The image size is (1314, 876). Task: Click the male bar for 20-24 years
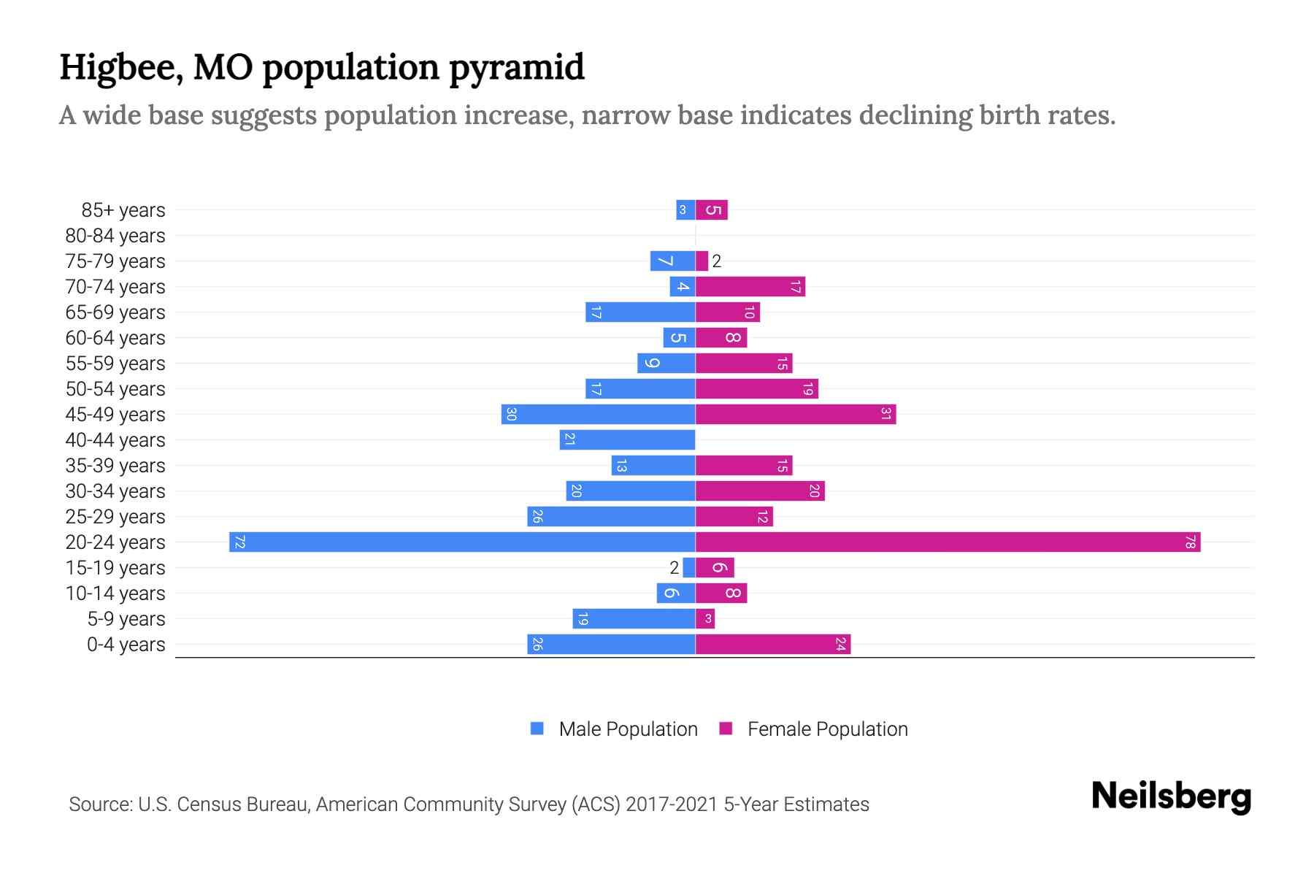pos(461,542)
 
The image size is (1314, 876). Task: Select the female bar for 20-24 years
pos(948,542)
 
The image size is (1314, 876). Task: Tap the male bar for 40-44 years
pos(627,439)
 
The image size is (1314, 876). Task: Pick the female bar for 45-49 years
pos(796,414)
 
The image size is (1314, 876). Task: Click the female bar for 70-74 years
pos(750,286)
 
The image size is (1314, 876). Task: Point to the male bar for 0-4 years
pos(611,644)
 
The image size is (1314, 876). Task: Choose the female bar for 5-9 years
pos(705,618)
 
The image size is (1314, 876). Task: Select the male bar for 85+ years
pos(685,210)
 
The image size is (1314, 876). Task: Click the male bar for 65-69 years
pos(640,312)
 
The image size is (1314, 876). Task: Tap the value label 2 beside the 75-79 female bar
pos(717,261)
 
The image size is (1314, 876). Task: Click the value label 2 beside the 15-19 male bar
pos(674,568)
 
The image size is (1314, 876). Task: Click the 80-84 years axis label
pos(115,236)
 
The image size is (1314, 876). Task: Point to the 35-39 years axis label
pos(115,466)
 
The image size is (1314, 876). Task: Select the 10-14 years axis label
pos(115,593)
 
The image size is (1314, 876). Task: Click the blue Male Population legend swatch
pos(537,729)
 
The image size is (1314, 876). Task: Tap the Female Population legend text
pos(827,729)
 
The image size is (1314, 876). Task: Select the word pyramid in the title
pos(517,67)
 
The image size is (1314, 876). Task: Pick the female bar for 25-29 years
pos(734,516)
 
